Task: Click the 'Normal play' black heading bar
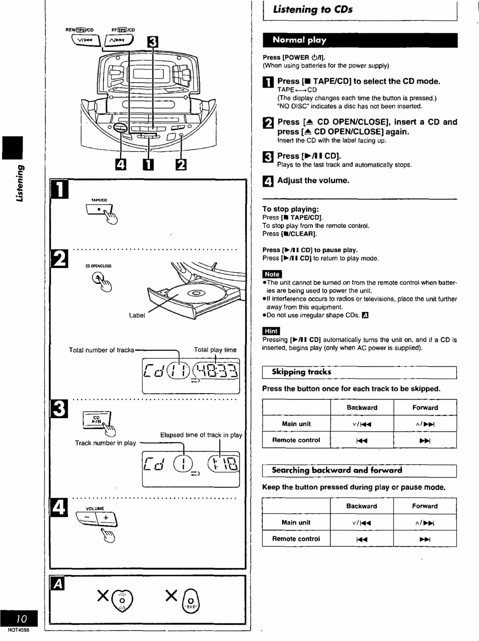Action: tap(359, 40)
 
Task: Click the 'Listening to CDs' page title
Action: tap(312, 9)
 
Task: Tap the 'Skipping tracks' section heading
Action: tap(301, 372)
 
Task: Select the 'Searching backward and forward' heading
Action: tap(337, 470)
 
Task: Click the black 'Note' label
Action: tap(272, 274)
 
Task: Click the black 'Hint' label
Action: tap(271, 331)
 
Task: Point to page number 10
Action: tap(21, 619)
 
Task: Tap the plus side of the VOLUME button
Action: tap(106, 518)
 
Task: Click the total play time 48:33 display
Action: tap(216, 371)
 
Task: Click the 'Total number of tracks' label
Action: tap(101, 350)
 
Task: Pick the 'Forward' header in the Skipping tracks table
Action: tap(425, 408)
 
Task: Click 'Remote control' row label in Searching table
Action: tap(296, 539)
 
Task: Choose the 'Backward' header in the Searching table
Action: tap(361, 506)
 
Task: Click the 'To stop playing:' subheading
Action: tap(290, 209)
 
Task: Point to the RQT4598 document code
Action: tap(18, 630)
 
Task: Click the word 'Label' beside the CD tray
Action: tap(137, 315)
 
